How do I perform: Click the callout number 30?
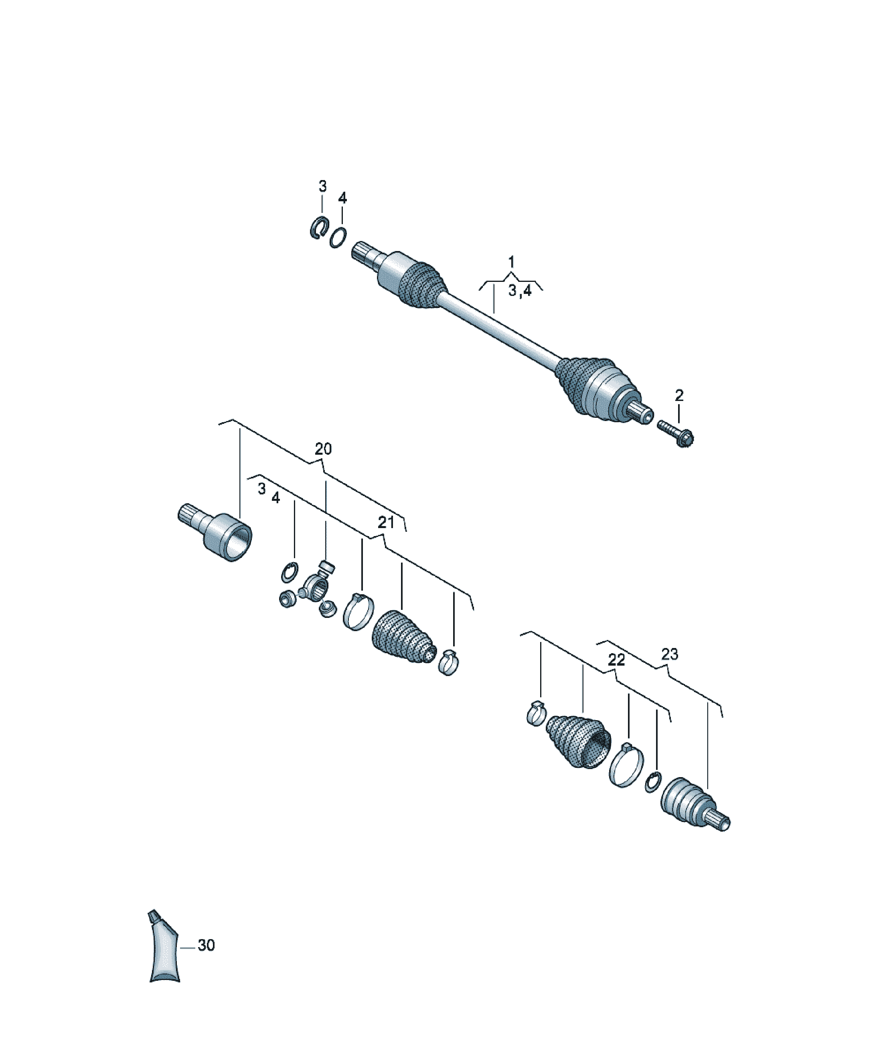click(x=206, y=945)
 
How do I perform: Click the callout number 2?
click(x=679, y=395)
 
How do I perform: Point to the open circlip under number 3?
click(x=318, y=228)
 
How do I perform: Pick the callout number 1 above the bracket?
click(x=511, y=262)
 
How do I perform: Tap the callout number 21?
click(x=386, y=522)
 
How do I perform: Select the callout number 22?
click(x=616, y=660)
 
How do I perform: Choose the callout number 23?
click(x=669, y=654)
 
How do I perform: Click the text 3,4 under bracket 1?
click(x=520, y=291)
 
